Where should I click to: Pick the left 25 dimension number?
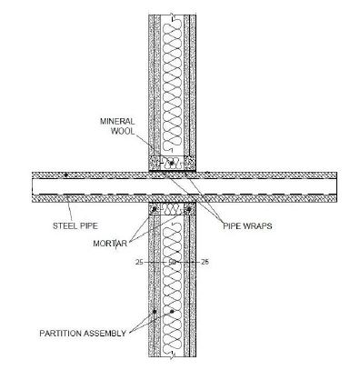click(138, 262)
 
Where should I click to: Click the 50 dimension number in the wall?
click(173, 262)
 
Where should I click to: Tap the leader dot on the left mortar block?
click(155, 209)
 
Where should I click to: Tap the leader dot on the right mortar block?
click(189, 209)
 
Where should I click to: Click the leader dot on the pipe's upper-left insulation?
click(65, 175)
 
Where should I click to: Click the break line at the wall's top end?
click(172, 15)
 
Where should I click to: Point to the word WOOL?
click(121, 131)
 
